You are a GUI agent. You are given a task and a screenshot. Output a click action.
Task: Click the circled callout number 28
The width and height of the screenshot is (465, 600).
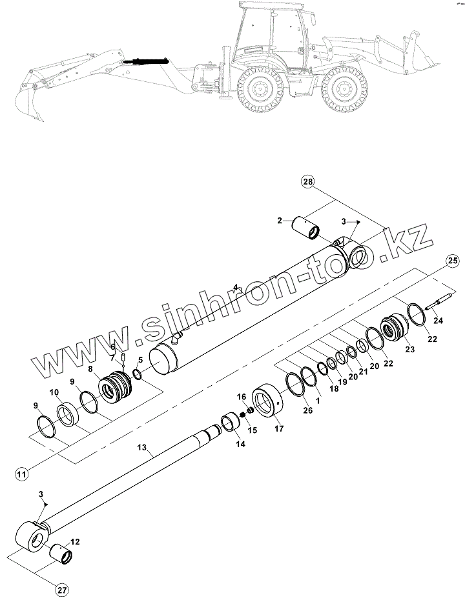307,182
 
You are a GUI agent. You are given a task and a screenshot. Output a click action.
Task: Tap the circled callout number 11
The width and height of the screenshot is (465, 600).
21,474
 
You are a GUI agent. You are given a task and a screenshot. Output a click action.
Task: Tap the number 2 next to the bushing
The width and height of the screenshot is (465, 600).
280,221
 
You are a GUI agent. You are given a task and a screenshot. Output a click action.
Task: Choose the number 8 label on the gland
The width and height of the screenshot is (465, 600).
91,370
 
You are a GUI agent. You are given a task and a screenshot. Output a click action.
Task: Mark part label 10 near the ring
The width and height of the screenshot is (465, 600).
54,392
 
